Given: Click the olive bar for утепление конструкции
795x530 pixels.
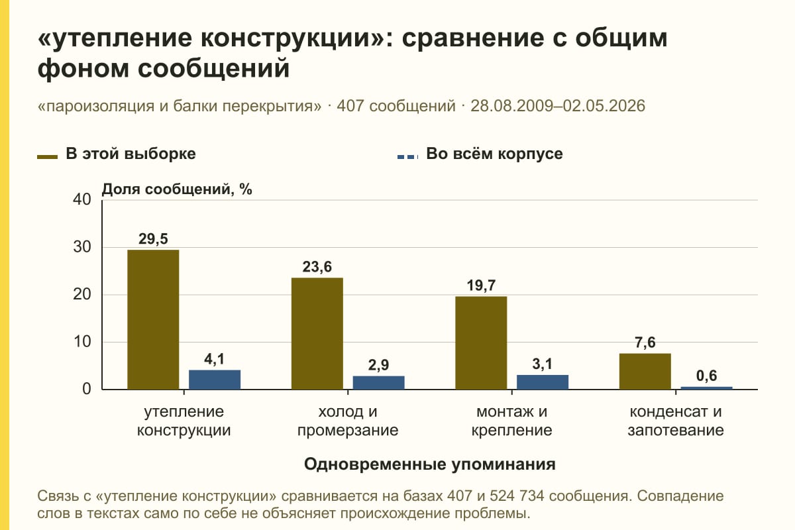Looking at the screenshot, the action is [153, 319].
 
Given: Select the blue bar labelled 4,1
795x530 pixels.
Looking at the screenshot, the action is [215, 380].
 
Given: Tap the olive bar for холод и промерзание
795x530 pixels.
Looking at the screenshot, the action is [317, 334].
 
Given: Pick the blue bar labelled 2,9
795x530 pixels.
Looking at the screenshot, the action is [379, 383].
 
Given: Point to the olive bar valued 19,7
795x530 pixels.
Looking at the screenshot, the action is [481, 343].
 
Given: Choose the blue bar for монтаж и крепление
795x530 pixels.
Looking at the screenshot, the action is [543, 382].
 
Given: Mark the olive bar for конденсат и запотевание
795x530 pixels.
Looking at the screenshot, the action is [645, 371].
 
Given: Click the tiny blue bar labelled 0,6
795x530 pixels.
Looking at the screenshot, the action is [706, 388].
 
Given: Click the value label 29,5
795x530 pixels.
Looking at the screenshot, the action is [153, 239].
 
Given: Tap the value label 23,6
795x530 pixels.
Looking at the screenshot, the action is [317, 267].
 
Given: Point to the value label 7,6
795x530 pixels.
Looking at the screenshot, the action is [645, 343].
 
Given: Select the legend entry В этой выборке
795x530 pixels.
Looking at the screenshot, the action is [117, 154].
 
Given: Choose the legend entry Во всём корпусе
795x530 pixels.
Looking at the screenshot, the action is [480, 154].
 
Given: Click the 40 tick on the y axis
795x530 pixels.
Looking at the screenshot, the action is [82, 199].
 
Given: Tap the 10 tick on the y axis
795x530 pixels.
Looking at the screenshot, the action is [82, 342].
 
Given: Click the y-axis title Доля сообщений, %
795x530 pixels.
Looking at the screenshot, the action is [177, 189].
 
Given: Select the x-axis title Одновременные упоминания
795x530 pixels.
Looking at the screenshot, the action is [430, 464].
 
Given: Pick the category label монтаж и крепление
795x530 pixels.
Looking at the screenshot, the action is [511, 421].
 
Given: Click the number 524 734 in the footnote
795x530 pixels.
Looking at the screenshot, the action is [517, 496].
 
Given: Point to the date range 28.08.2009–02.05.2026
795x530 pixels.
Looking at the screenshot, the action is [558, 106].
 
